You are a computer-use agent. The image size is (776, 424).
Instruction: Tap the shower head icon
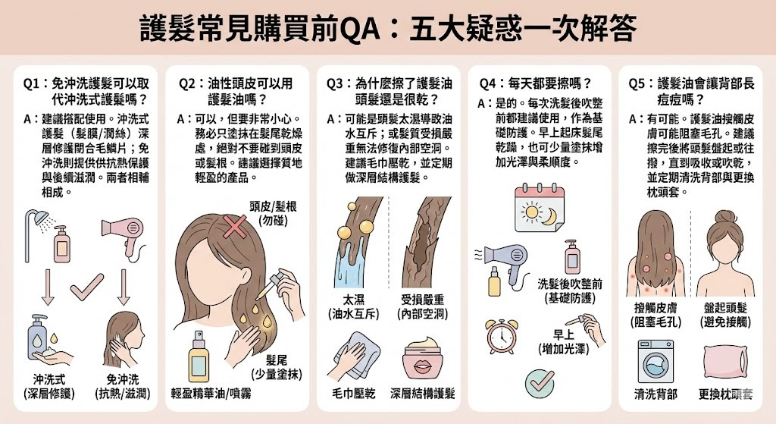click(x=37, y=221)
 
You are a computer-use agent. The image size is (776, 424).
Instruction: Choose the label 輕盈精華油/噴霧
click(x=211, y=393)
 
